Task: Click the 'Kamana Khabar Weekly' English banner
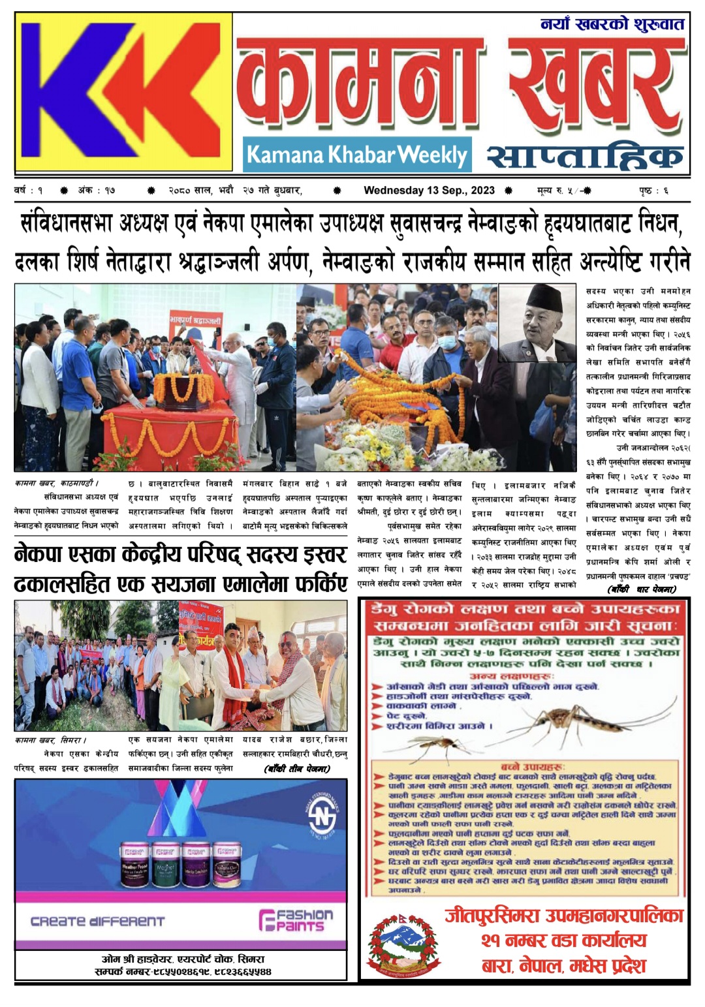pos(356,155)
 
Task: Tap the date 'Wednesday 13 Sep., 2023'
pos(429,191)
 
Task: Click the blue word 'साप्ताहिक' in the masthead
pos(584,157)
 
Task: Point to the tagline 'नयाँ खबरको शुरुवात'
pos(612,25)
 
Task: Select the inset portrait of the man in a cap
pos(537,322)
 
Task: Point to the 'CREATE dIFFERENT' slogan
pos(98,922)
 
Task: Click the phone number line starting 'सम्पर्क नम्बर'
pos(183,971)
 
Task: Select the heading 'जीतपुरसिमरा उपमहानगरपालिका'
pos(564,915)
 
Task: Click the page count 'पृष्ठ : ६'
pos(653,191)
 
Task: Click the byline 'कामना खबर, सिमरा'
pos(50,740)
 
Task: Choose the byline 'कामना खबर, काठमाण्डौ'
pos(57,484)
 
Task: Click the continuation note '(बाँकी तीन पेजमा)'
pos(298,769)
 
